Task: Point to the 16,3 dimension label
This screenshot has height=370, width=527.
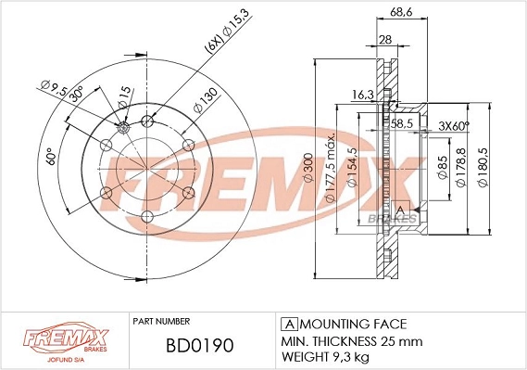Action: (x=364, y=94)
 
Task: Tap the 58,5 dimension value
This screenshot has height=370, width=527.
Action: (x=400, y=122)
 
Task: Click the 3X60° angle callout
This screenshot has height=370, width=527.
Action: (x=454, y=125)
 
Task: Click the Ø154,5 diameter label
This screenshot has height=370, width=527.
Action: (x=351, y=170)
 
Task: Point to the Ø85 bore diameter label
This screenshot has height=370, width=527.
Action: (x=443, y=167)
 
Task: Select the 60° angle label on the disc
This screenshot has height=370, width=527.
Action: (x=51, y=159)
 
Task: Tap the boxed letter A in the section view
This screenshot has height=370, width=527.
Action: (x=400, y=212)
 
